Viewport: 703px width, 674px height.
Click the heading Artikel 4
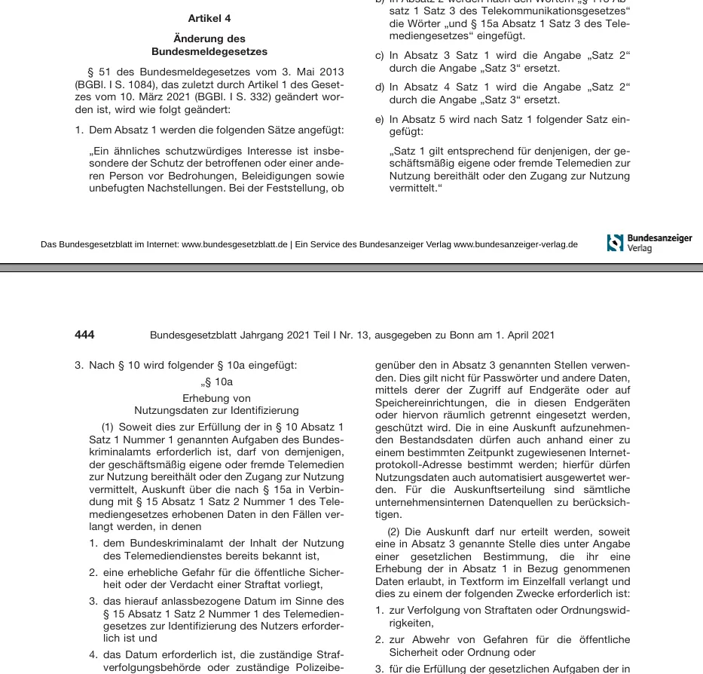pos(209,18)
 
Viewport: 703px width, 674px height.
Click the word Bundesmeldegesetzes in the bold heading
pos(209,52)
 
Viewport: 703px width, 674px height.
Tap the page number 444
pos(84,335)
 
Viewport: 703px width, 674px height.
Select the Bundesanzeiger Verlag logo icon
pos(615,243)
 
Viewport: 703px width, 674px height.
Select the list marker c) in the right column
pos(380,56)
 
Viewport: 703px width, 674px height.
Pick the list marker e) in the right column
pos(380,119)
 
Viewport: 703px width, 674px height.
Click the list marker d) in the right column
pos(380,87)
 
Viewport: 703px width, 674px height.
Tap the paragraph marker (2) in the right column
pos(395,532)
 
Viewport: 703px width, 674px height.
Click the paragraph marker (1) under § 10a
pos(109,427)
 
